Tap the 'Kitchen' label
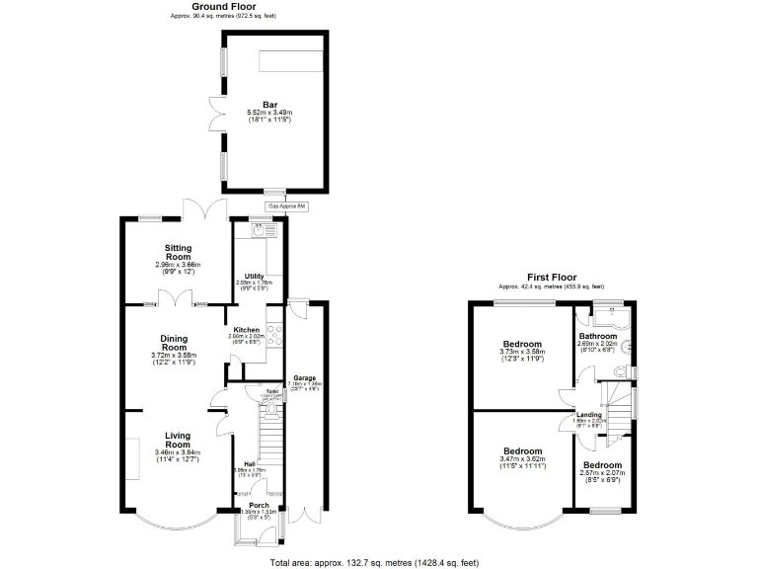(246, 330)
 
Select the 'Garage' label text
(303, 377)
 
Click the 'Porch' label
(260, 505)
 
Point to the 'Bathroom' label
(597, 336)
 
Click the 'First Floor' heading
(551, 277)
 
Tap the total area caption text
(374, 561)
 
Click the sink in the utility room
(259, 230)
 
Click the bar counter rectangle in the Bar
(292, 62)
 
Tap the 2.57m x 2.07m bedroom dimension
(601, 473)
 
